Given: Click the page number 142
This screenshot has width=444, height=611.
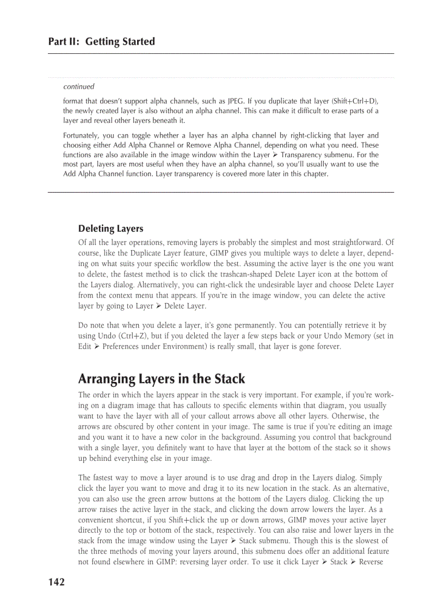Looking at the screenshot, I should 56,582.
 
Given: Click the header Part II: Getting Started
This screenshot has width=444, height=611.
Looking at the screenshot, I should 101,42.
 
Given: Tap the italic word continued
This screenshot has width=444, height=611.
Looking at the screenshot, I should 79,87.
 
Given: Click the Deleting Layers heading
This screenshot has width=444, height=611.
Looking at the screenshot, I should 110,229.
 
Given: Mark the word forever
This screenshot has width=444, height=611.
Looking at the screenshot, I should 328,346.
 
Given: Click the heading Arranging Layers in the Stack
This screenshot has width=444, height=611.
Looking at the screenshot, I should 162,379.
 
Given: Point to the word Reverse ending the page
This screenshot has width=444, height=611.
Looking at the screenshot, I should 371,561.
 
